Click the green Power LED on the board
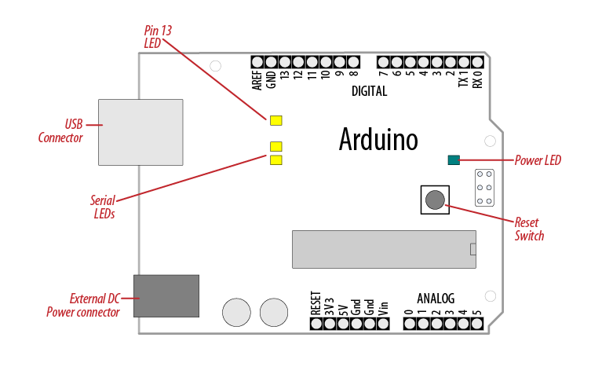pyautogui.click(x=453, y=160)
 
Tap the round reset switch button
pyautogui.click(x=434, y=200)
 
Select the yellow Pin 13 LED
pyautogui.click(x=275, y=120)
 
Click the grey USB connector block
pyautogui.click(x=140, y=132)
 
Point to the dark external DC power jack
pyautogui.click(x=166, y=295)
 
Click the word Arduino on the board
pyautogui.click(x=378, y=139)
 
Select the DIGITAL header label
pyautogui.click(x=369, y=91)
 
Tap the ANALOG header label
pyautogui.click(x=436, y=299)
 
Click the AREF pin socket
pyautogui.click(x=257, y=61)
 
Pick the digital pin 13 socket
pyautogui.click(x=284, y=61)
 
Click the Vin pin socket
pyautogui.click(x=383, y=322)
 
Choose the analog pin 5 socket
pyautogui.click(x=476, y=322)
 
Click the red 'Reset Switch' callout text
pyautogui.click(x=529, y=229)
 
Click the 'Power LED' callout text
pyautogui.click(x=538, y=161)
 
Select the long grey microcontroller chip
pyautogui.click(x=384, y=249)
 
